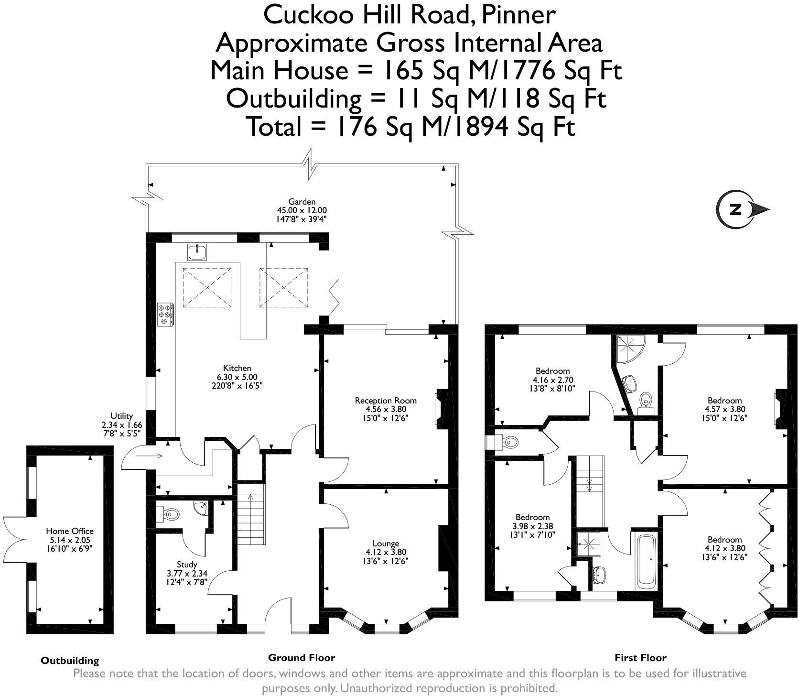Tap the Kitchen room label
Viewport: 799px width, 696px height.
point(237,368)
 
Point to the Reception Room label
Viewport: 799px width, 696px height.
point(386,401)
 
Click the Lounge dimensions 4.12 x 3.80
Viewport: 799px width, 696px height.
point(386,552)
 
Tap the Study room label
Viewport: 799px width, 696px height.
point(186,565)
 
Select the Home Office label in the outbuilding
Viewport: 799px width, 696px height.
point(70,531)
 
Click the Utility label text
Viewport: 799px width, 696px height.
point(121,416)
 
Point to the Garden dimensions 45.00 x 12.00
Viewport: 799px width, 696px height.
point(302,210)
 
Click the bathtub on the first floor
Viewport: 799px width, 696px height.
point(648,562)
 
